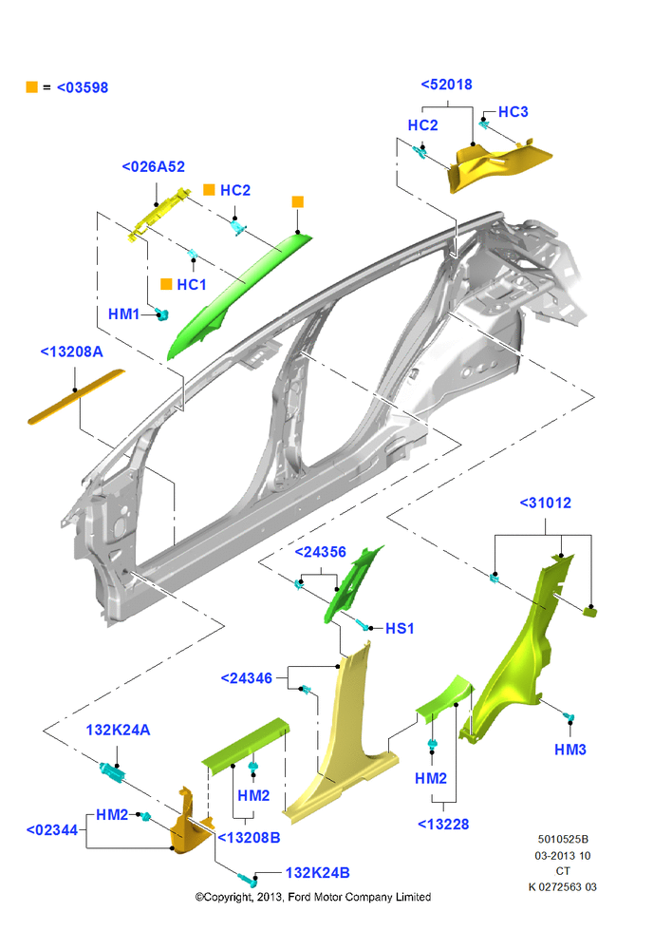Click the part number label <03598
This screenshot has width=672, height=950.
pos(83,87)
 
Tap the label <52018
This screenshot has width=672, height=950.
pos(447,85)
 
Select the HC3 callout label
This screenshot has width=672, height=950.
pos(513,112)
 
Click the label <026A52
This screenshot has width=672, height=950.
pos(153,166)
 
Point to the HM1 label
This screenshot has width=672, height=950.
pos(123,313)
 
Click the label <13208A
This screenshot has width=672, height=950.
pos(71,352)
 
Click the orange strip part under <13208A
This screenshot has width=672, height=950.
pos(76,397)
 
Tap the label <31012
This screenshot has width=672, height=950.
pos(546,503)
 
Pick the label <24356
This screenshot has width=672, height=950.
pos(320,552)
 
